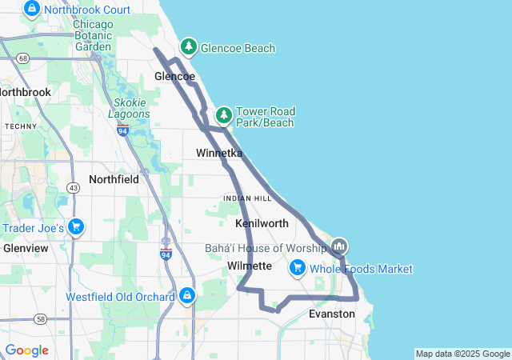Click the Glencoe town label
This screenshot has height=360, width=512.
(x=174, y=77)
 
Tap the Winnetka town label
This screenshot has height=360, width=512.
(x=219, y=152)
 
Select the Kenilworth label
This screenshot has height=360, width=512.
(x=262, y=222)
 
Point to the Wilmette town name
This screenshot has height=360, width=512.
(x=250, y=266)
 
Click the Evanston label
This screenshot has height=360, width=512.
(x=331, y=314)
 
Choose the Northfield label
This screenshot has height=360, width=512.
(x=114, y=179)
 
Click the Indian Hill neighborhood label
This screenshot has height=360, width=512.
(x=247, y=198)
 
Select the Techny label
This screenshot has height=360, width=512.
(x=21, y=126)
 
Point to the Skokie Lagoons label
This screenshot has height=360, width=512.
(x=130, y=108)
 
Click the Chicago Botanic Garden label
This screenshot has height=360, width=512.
(x=94, y=35)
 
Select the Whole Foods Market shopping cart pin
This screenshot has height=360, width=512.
(x=298, y=267)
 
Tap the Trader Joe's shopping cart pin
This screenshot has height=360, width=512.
(x=76, y=227)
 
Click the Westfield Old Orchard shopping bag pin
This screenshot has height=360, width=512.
(x=187, y=295)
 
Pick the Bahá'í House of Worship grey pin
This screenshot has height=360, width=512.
(x=339, y=245)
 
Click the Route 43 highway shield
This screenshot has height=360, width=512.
(x=74, y=187)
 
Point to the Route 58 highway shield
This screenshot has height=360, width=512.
(x=40, y=319)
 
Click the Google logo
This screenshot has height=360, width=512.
(x=26, y=350)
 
